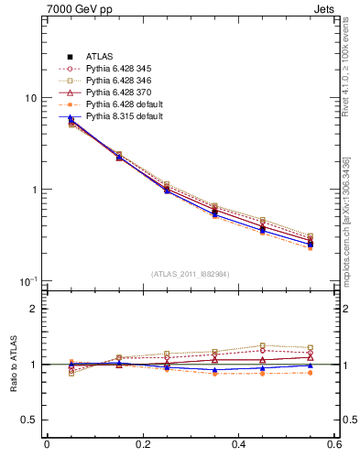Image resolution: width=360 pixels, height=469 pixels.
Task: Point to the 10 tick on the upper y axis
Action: coord(30,99)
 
